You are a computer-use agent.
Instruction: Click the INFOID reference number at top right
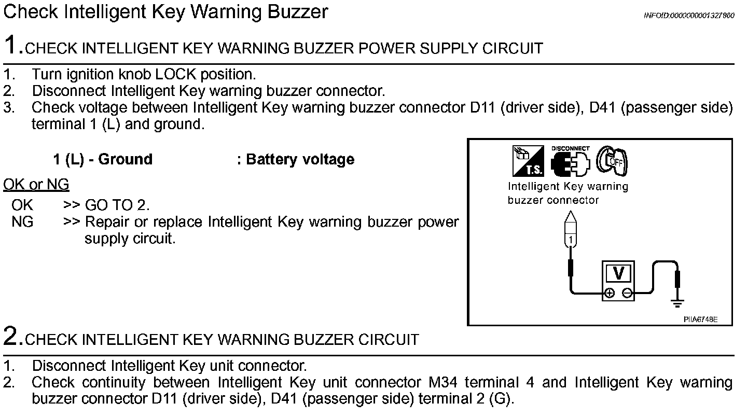(689, 16)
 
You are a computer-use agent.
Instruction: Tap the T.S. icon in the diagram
(528, 161)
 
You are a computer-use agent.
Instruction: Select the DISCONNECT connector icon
(570, 161)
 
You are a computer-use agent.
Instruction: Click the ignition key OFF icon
(613, 161)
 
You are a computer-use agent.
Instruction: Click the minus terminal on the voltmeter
(627, 293)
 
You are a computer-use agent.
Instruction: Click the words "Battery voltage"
(300, 159)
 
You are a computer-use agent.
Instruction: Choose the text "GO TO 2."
(117, 205)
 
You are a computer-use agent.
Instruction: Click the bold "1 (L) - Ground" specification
(103, 159)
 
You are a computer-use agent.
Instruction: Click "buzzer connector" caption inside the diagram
(553, 200)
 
